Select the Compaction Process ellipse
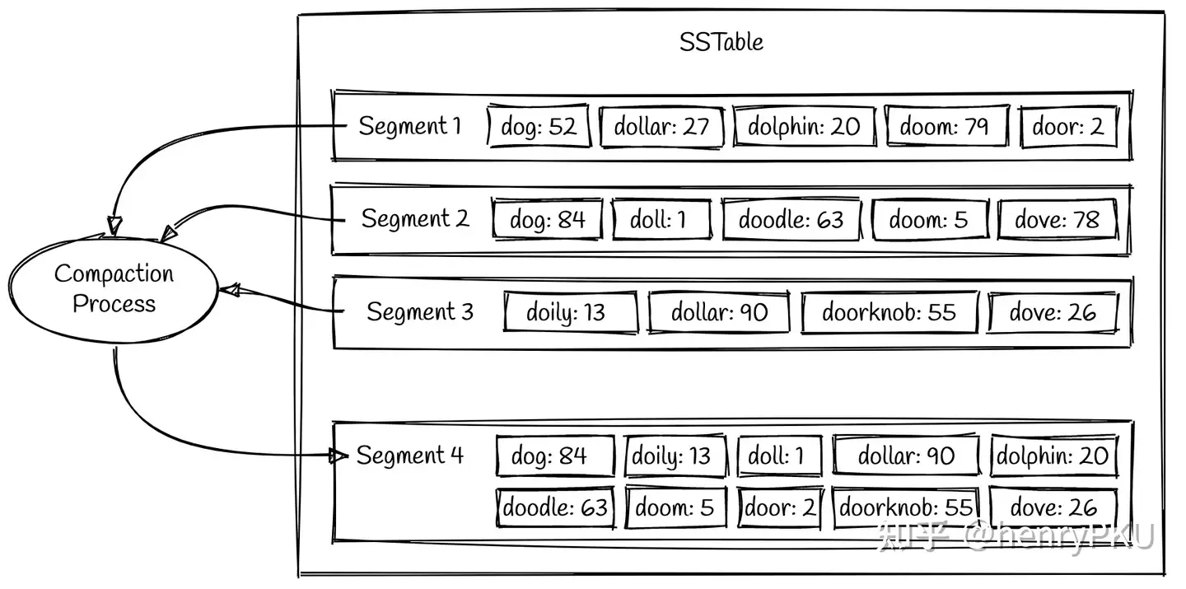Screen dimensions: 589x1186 click(x=114, y=289)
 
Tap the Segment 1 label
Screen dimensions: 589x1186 click(x=409, y=126)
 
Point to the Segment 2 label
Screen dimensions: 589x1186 click(x=415, y=219)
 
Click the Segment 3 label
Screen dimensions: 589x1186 click(x=420, y=312)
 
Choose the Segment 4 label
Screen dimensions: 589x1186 click(x=410, y=456)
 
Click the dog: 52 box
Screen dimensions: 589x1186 click(x=539, y=127)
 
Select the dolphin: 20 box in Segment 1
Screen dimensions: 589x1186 click(x=803, y=127)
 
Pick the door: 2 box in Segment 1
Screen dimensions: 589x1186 click(x=1068, y=127)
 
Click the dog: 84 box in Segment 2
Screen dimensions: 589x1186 click(x=548, y=220)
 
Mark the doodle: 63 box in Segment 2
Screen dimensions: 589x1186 click(x=791, y=220)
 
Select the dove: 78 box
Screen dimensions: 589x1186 click(x=1058, y=220)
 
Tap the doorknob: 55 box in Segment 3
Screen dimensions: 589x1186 click(x=889, y=313)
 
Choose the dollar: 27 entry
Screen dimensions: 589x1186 click(x=661, y=127)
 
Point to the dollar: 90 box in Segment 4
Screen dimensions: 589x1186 click(x=906, y=456)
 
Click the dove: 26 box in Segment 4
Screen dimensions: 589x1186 click(x=1053, y=507)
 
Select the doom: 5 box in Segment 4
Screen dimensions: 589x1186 click(x=675, y=507)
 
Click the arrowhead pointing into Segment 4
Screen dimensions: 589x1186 click(x=335, y=456)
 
